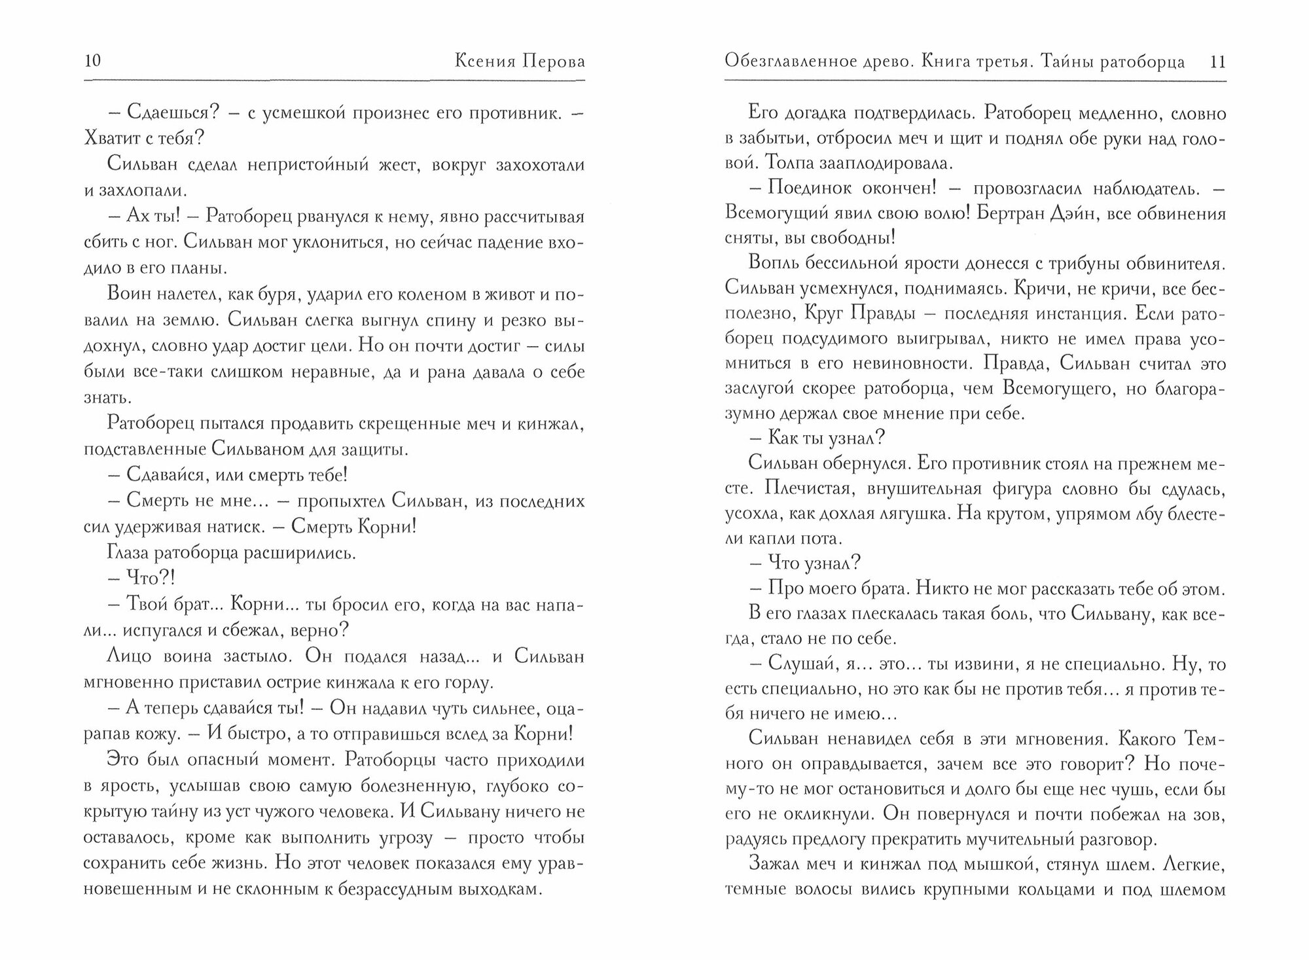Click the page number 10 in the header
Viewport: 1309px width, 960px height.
coord(92,62)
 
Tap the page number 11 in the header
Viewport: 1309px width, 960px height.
coord(1218,62)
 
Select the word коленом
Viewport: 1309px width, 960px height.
coord(409,294)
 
